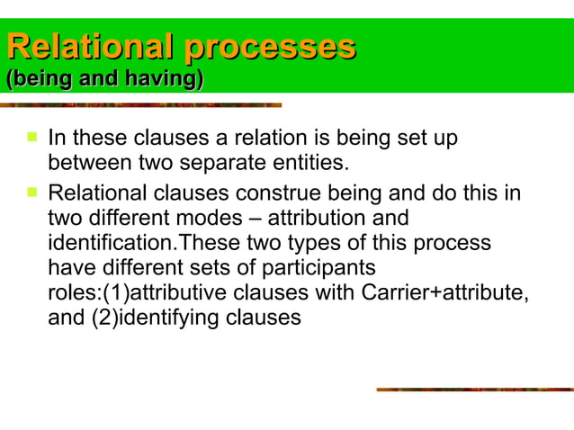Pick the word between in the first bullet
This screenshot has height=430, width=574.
tap(83, 164)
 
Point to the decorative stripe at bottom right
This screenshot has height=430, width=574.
tap(474, 390)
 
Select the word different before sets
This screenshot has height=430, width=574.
tap(139, 268)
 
